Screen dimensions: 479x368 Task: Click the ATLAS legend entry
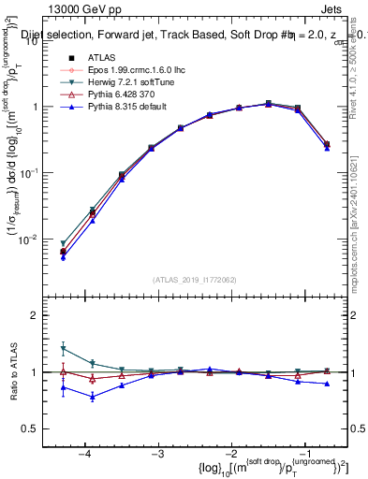click(x=100, y=59)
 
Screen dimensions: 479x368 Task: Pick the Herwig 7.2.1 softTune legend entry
click(x=123, y=82)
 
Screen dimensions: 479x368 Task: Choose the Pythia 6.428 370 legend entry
click(x=116, y=94)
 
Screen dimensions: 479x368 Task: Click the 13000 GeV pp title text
click(x=58, y=8)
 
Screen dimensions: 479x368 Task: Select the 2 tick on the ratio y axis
click(x=43, y=315)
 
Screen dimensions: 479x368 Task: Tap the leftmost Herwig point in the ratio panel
click(x=63, y=348)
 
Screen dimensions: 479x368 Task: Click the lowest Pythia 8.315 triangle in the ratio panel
click(x=92, y=397)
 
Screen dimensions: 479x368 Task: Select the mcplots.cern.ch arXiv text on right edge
click(x=360, y=215)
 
